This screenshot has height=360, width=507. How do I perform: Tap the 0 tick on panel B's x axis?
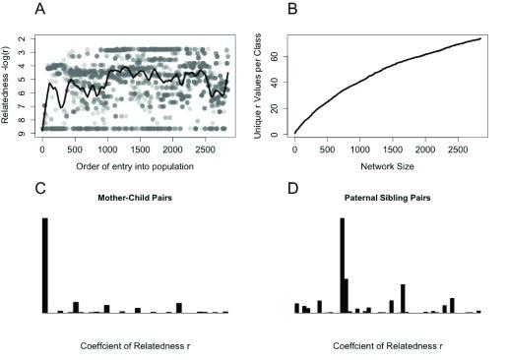(294, 149)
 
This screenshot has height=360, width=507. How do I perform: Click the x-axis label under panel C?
(134, 346)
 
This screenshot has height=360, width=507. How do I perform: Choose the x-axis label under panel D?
(386, 346)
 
